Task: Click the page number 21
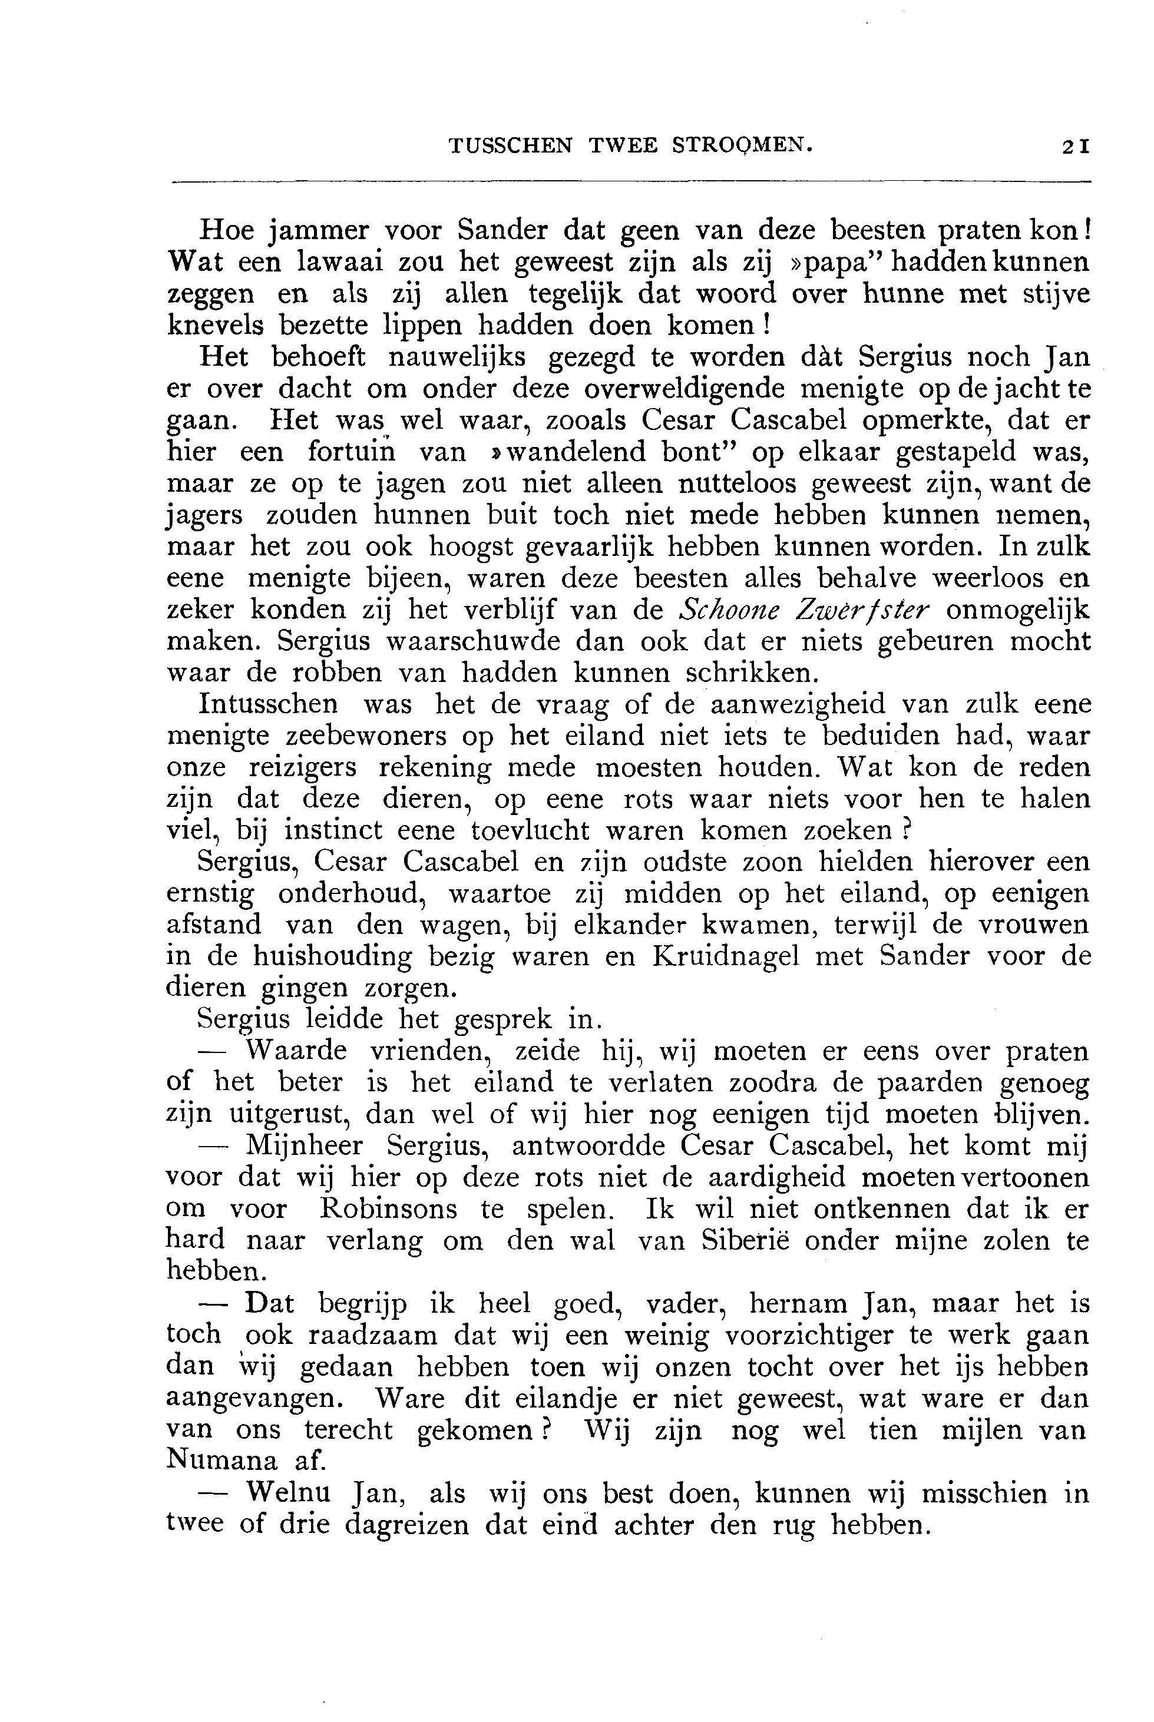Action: pyautogui.click(x=1074, y=145)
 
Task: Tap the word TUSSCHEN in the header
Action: pyautogui.click(x=510, y=145)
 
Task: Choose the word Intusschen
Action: pyautogui.click(x=269, y=705)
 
